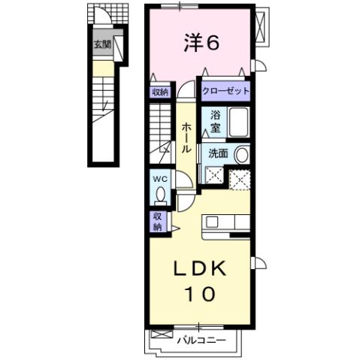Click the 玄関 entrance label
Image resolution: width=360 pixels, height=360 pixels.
coord(101,45)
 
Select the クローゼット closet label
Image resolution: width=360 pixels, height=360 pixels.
coord(225,91)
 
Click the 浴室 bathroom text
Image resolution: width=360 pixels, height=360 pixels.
coord(215,121)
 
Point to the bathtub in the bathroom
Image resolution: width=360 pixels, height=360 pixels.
coord(239,121)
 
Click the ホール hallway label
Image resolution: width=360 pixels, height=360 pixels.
coord(186,138)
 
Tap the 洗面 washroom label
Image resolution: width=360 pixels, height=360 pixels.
coord(218,153)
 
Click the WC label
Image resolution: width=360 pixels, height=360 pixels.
coord(159,180)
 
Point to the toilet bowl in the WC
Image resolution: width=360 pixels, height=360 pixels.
coord(160,195)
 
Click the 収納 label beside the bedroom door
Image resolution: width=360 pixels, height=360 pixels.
coord(160,92)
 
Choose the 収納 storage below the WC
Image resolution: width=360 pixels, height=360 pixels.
coord(159,220)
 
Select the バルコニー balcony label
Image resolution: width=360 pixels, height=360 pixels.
coord(201,340)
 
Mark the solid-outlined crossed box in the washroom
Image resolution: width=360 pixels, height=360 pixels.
coord(214,178)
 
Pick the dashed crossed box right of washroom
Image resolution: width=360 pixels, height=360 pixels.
coord(241,179)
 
